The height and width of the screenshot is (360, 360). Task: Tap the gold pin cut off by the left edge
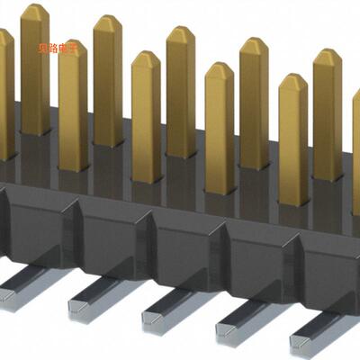pos(4,90)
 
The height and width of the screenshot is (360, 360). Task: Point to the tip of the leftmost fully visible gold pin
pos(34,11)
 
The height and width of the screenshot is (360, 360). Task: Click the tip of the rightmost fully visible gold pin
pos(327,56)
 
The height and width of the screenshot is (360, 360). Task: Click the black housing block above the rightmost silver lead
pos(328,270)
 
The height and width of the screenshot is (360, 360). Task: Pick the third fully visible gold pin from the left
pos(107,81)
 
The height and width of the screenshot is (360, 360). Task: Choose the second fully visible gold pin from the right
pos(292,135)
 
